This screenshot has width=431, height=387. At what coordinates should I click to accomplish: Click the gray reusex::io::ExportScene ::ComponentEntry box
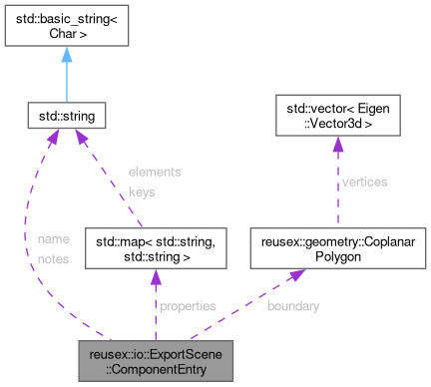click(x=156, y=362)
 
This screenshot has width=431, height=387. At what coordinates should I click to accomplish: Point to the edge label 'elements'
click(x=155, y=172)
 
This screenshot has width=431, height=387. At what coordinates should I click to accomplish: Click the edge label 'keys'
click(x=142, y=191)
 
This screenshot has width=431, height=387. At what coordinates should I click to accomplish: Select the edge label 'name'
click(x=52, y=239)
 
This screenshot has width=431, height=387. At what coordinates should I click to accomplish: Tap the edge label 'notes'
click(x=52, y=258)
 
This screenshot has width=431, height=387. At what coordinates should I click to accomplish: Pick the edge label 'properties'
click(x=188, y=306)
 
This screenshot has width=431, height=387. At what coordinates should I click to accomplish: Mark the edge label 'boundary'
click(x=293, y=306)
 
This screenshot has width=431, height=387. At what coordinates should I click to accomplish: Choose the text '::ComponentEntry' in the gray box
click(x=156, y=370)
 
